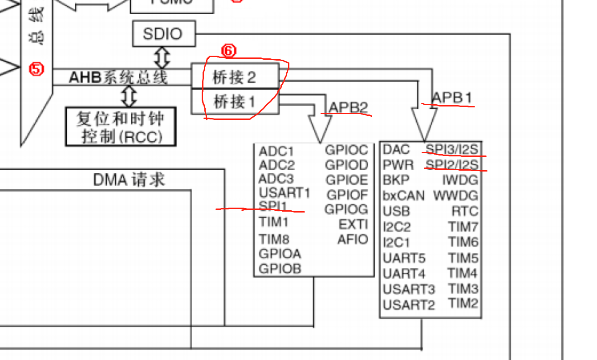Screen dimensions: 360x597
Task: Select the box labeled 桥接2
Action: (235, 77)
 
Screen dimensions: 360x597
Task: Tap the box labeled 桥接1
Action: (235, 102)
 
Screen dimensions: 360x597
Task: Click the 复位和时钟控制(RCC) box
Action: (121, 127)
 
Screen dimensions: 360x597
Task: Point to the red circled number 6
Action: (228, 51)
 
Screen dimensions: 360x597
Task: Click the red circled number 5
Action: (37, 69)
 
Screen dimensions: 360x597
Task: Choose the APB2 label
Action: (348, 107)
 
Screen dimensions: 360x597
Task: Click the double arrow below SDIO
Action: (162, 57)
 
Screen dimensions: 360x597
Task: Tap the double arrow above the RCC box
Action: (129, 96)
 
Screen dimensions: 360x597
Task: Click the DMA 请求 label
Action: (129, 180)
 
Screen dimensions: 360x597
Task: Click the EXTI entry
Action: (353, 224)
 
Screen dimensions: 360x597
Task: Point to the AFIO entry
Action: (353, 239)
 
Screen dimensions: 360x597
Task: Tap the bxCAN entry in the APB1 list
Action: (404, 196)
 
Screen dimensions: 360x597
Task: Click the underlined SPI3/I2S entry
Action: (452, 149)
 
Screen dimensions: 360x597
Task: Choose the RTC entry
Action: (464, 211)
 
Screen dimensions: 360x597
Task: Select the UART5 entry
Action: (404, 258)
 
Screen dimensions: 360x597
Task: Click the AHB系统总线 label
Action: (118, 77)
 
